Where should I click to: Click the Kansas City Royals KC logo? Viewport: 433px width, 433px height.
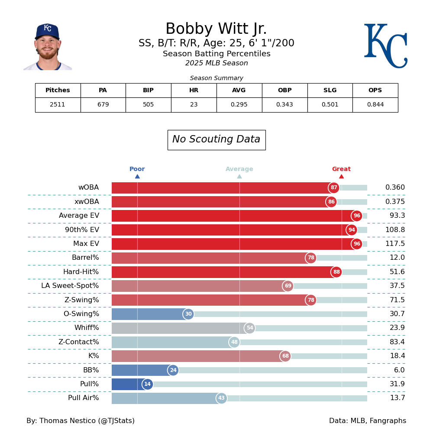[385, 45]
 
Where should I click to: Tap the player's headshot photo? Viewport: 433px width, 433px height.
[48, 47]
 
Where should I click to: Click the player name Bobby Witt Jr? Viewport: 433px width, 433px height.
[216, 29]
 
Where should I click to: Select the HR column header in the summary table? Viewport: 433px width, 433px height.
[194, 90]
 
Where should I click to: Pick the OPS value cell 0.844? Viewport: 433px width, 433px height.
[375, 105]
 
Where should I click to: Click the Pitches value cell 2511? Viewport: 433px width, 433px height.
[58, 105]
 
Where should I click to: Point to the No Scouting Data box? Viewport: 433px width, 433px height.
[216, 140]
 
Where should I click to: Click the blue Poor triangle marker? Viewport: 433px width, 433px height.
[137, 176]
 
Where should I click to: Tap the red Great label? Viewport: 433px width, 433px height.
[341, 169]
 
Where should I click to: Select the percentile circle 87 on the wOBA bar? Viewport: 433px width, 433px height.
[334, 188]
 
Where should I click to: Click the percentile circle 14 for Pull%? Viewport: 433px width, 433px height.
[148, 384]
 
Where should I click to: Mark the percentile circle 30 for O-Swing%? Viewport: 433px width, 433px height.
[188, 314]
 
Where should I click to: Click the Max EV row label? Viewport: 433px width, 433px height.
[86, 244]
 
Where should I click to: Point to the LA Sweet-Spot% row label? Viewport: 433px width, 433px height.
[70, 286]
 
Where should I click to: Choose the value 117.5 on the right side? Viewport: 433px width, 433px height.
[395, 244]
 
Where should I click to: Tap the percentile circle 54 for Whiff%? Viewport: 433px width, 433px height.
[250, 328]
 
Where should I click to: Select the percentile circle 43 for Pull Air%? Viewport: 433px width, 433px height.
[221, 398]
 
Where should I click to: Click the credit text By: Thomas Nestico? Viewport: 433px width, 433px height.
[81, 421]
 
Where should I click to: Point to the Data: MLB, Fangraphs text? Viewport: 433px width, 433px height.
[367, 421]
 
